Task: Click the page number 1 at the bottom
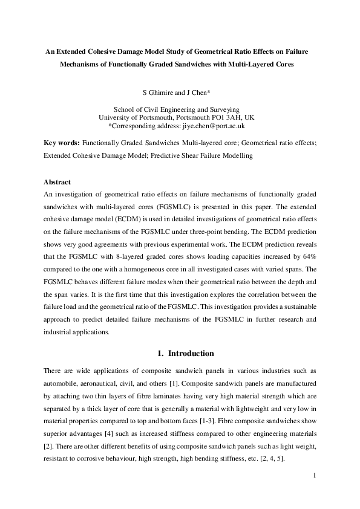(315, 476)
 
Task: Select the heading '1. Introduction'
(180, 353)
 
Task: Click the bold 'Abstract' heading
(57, 182)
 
